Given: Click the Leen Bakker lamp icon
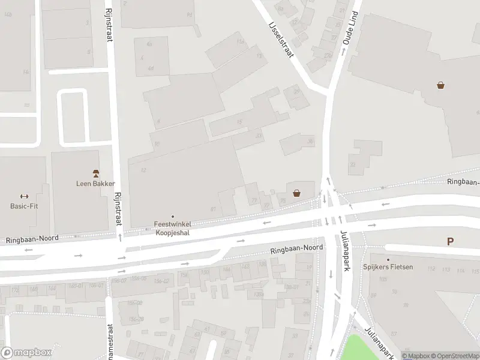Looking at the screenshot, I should [95, 173].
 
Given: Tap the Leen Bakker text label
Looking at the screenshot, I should [95, 184].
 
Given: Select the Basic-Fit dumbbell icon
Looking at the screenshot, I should [25, 196].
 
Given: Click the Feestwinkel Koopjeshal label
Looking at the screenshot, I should [173, 228].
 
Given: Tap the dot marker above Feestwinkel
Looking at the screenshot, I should [173, 217].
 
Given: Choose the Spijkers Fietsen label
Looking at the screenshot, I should [388, 266].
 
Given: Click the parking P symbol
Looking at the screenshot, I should [449, 242].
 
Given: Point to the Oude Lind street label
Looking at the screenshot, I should [349, 28].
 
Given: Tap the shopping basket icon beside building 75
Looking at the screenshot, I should [296, 193].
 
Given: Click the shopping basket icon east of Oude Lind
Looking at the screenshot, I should [441, 86].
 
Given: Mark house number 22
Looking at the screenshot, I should [352, 165].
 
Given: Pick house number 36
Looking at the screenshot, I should [310, 142].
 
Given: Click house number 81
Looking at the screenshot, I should [213, 209].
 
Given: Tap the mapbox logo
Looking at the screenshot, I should [26, 353].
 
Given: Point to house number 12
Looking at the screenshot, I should [143, 170].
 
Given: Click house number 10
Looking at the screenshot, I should [156, 144].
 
